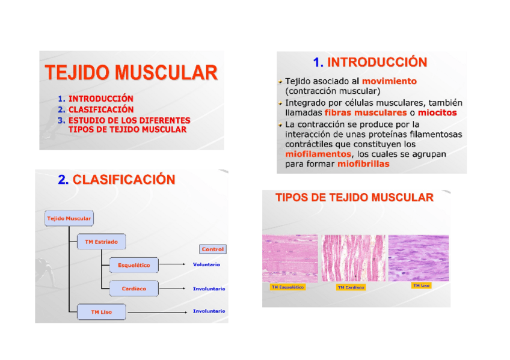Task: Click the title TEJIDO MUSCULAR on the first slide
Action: click(x=131, y=73)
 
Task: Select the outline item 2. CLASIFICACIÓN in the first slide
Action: click(x=100, y=110)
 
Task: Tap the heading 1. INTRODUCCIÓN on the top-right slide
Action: click(x=370, y=63)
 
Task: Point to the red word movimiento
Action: click(x=389, y=81)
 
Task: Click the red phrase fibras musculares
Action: click(x=365, y=112)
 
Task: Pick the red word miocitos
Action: click(x=437, y=112)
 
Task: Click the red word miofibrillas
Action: click(x=363, y=164)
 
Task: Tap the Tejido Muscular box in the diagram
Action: click(x=69, y=219)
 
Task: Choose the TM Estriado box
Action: click(x=101, y=242)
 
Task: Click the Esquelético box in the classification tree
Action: click(x=134, y=265)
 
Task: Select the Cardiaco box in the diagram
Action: click(x=134, y=288)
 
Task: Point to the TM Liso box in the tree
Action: click(x=101, y=312)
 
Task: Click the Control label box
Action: click(x=212, y=249)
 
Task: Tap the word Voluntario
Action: click(x=206, y=265)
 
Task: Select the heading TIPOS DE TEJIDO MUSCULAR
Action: click(x=354, y=198)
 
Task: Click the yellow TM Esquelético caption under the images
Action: click(x=287, y=287)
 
